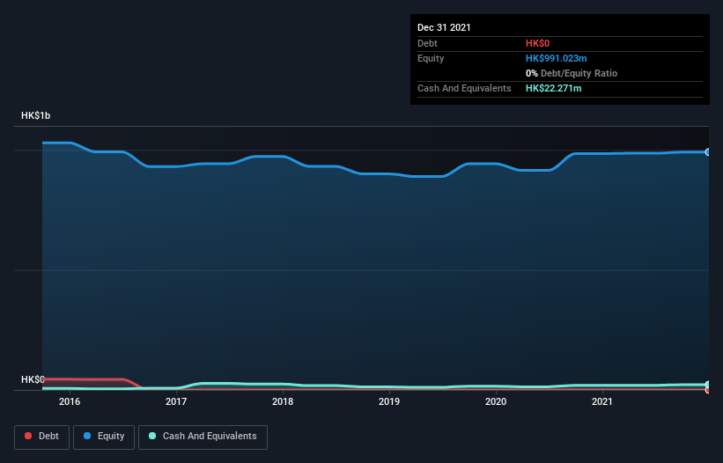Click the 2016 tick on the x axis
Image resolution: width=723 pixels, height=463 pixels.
point(70,402)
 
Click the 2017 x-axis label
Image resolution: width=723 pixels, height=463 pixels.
point(176,402)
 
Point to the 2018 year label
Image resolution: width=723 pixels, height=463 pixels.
point(283,402)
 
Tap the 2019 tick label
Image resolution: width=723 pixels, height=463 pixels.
point(389,402)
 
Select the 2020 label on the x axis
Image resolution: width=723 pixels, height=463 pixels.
point(496,402)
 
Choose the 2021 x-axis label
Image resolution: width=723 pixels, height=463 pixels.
point(602,402)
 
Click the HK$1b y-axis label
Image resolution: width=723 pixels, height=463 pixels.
point(37,116)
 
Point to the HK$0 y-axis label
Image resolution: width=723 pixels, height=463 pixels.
point(33,379)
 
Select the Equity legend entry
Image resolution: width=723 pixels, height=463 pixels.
point(104,437)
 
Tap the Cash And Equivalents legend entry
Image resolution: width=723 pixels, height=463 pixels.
point(203,437)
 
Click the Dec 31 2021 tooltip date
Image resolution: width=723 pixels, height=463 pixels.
point(444,27)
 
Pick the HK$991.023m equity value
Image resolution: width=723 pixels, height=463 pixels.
point(556,58)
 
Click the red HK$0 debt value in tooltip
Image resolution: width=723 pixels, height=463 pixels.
point(538,43)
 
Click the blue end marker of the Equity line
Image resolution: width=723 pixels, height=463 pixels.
point(707,152)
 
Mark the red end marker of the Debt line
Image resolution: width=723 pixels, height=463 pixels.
point(707,389)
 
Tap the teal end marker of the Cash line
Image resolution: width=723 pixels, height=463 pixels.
point(707,384)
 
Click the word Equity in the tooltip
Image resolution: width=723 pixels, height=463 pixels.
point(431,58)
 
